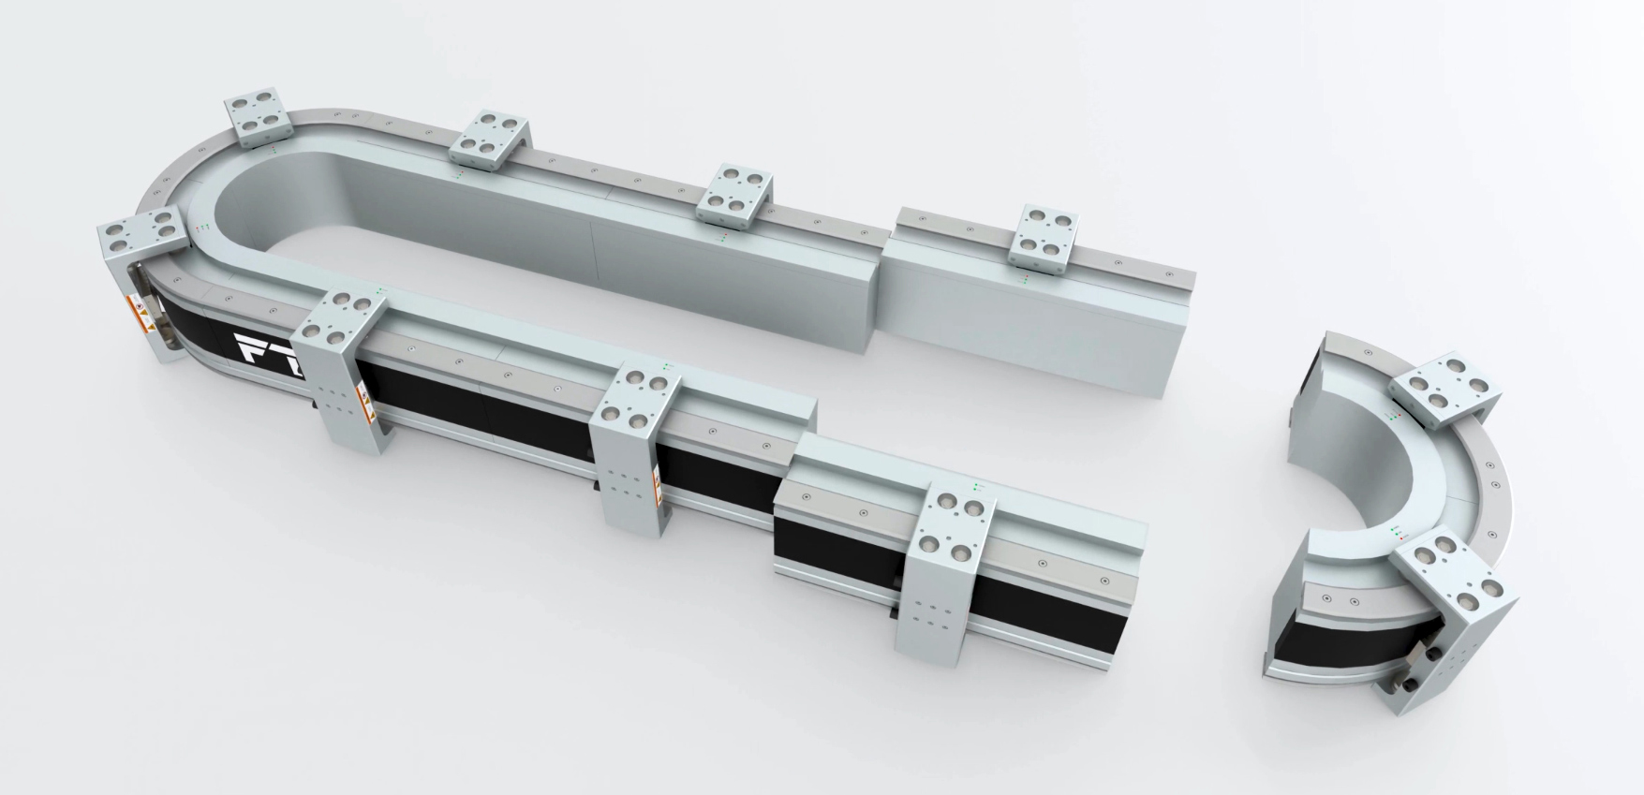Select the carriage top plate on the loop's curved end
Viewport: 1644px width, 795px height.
(x=140, y=233)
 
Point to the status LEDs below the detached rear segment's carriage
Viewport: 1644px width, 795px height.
(x=1026, y=279)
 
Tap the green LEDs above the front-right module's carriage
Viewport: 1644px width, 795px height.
(x=977, y=486)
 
